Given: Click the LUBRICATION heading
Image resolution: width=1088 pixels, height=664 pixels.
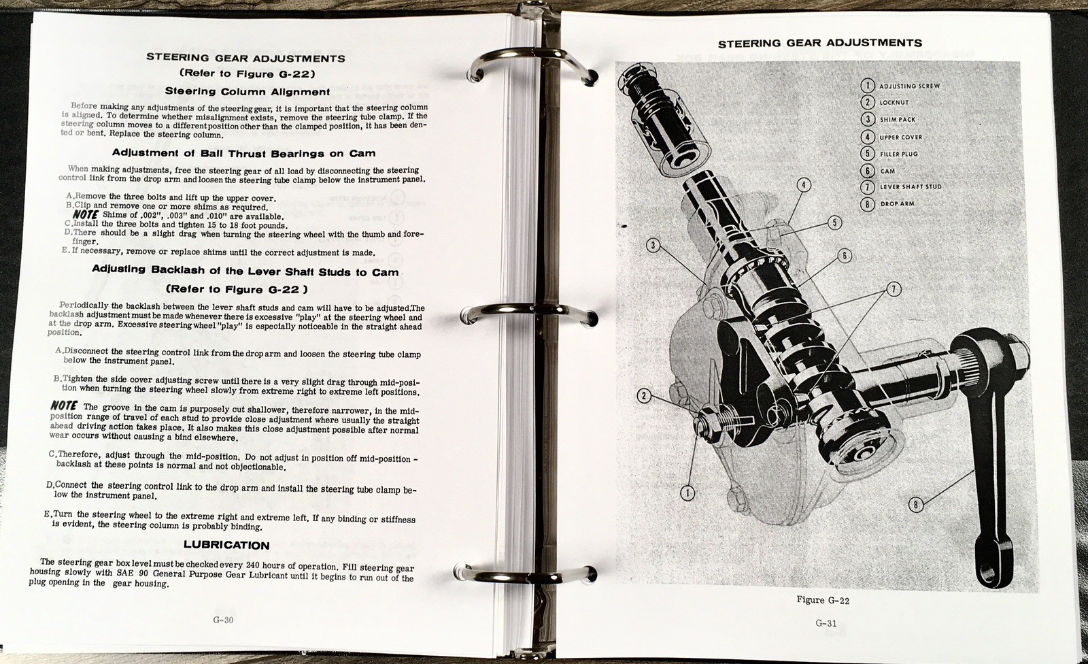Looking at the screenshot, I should [226, 545].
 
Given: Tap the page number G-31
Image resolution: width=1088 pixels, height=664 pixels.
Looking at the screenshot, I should [826, 623].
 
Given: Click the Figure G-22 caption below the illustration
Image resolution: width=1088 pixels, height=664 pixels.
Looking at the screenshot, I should [823, 600].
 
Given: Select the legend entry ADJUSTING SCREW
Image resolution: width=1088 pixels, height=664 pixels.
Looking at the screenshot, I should [908, 86].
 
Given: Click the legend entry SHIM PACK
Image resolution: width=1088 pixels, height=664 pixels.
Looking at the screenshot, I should [897, 120].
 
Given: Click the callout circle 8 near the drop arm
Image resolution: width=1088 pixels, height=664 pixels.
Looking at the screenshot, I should [915, 505].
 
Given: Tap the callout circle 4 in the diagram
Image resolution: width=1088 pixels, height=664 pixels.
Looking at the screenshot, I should [803, 185].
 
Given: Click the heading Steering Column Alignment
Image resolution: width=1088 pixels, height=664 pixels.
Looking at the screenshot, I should [248, 91].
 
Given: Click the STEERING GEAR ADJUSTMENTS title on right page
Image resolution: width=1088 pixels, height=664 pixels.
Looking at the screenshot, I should [819, 43].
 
